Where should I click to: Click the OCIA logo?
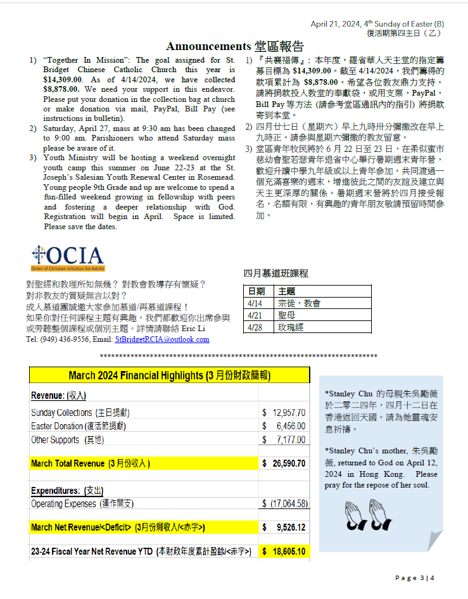pyautogui.click(x=67, y=257)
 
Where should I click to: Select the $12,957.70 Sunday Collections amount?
pyautogui.click(x=284, y=413)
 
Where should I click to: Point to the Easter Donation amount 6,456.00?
pyautogui.click(x=286, y=426)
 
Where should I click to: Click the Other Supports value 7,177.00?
pyautogui.click(x=286, y=439)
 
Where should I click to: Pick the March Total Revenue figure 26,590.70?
pyautogui.click(x=285, y=463)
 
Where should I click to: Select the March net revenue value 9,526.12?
pyautogui.click(x=286, y=527)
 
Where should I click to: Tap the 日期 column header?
pyautogui.click(x=256, y=291)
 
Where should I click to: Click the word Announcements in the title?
pyautogui.click(x=208, y=46)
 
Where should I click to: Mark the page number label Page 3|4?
pyautogui.click(x=415, y=577)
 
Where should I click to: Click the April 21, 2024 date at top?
pyautogui.click(x=337, y=24)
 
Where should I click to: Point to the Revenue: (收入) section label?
pyautogui.click(x=58, y=395)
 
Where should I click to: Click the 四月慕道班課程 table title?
pyautogui.click(x=275, y=273)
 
